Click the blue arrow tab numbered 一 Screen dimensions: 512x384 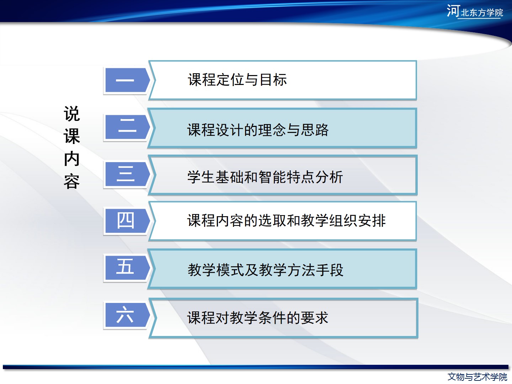[127, 80]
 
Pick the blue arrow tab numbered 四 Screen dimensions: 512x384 [127, 221]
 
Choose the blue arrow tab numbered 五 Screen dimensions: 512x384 [127, 268]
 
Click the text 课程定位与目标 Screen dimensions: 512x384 [238, 80]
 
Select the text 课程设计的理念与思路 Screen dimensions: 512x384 [258, 130]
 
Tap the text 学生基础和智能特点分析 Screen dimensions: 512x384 [265, 177]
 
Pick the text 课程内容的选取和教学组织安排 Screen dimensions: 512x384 [287, 220]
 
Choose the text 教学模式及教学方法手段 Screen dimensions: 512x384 [266, 270]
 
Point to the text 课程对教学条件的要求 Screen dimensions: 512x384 [258, 318]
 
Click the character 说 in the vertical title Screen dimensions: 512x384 [72, 114]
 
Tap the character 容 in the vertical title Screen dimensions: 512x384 [72, 181]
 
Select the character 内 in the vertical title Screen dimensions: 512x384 [72, 159]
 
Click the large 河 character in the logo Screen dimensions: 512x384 [453, 11]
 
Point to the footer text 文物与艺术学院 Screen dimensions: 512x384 [478, 377]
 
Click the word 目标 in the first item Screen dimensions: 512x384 [273, 80]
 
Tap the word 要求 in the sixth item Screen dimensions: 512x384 [315, 318]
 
